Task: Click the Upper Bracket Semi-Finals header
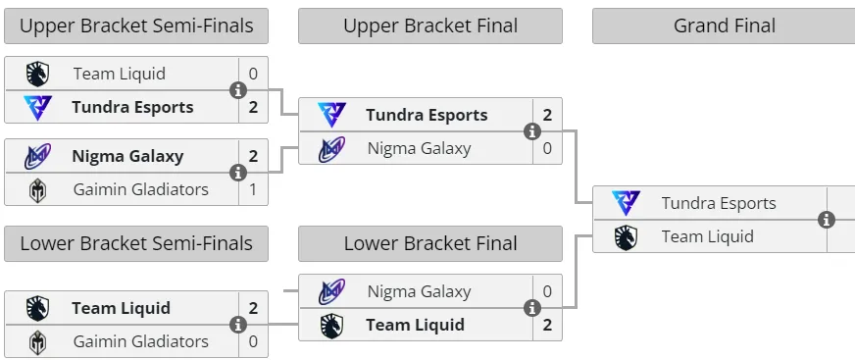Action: [x=135, y=26]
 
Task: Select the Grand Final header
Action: [x=725, y=26]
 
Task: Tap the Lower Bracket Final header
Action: [x=430, y=243]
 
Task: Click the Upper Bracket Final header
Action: [x=430, y=26]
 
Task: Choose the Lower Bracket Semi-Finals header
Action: [x=135, y=243]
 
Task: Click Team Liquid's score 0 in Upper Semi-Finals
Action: [x=253, y=74]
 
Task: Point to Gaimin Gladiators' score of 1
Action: [x=253, y=189]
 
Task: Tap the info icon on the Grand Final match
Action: [x=827, y=220]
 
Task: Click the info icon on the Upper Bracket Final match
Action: [x=532, y=131]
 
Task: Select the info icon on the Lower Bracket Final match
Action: [x=532, y=308]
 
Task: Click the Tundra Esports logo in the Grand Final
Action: [x=626, y=203]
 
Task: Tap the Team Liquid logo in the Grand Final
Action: [x=626, y=237]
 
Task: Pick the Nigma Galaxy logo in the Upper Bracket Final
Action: [x=331, y=149]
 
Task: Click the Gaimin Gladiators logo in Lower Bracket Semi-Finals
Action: [x=37, y=342]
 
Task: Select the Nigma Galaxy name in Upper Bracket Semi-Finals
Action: [x=127, y=157]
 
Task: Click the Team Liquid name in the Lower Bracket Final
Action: [x=415, y=325]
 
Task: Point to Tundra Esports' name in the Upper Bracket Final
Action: [x=427, y=115]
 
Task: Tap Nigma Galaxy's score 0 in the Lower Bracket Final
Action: [x=547, y=291]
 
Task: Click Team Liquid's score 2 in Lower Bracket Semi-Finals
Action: [x=253, y=308]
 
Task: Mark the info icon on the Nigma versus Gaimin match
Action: [x=237, y=173]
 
